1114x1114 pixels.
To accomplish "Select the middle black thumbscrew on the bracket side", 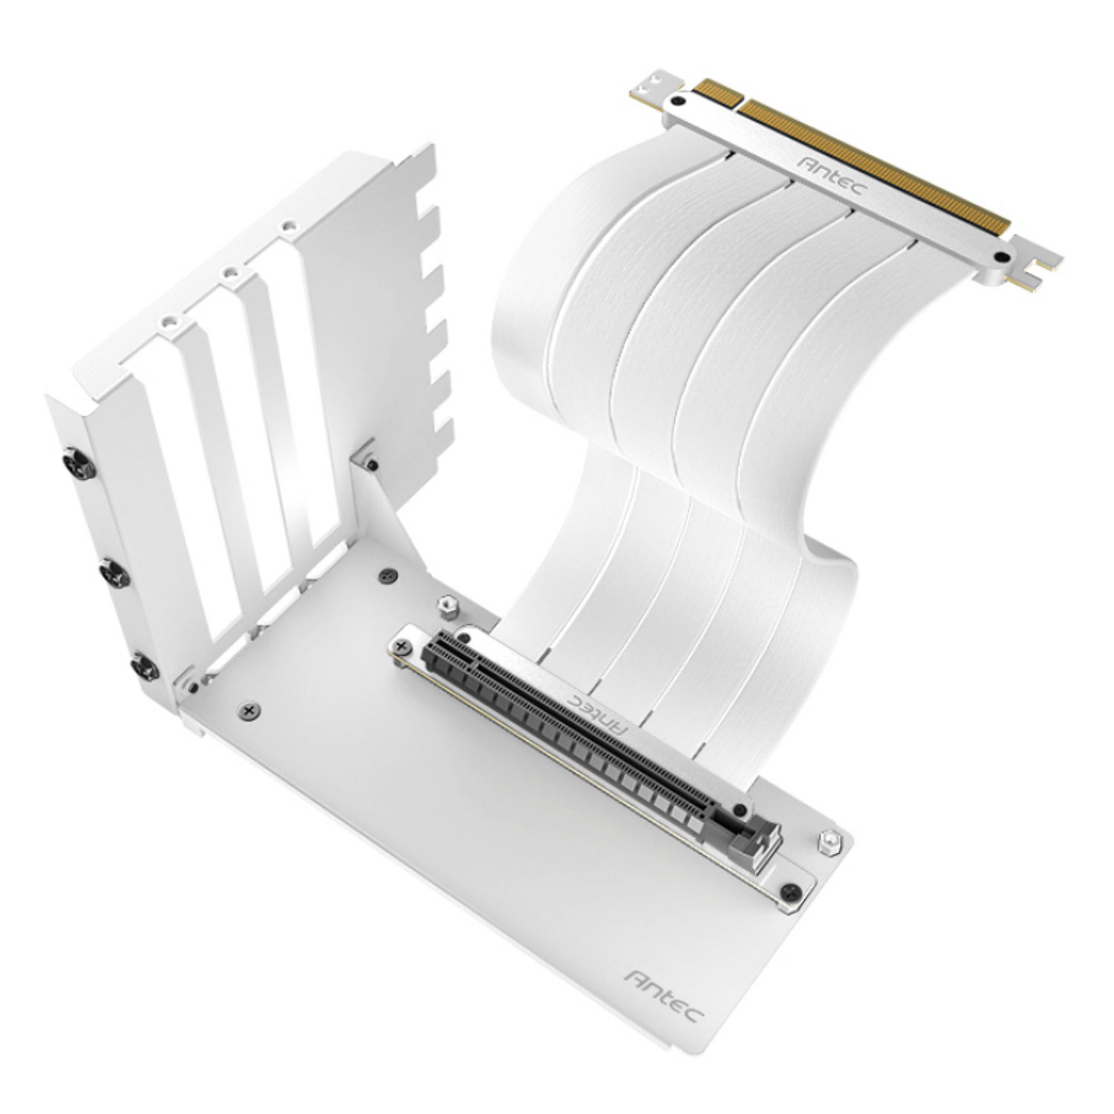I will coord(114,573).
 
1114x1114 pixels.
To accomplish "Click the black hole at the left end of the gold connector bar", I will coord(677,102).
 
